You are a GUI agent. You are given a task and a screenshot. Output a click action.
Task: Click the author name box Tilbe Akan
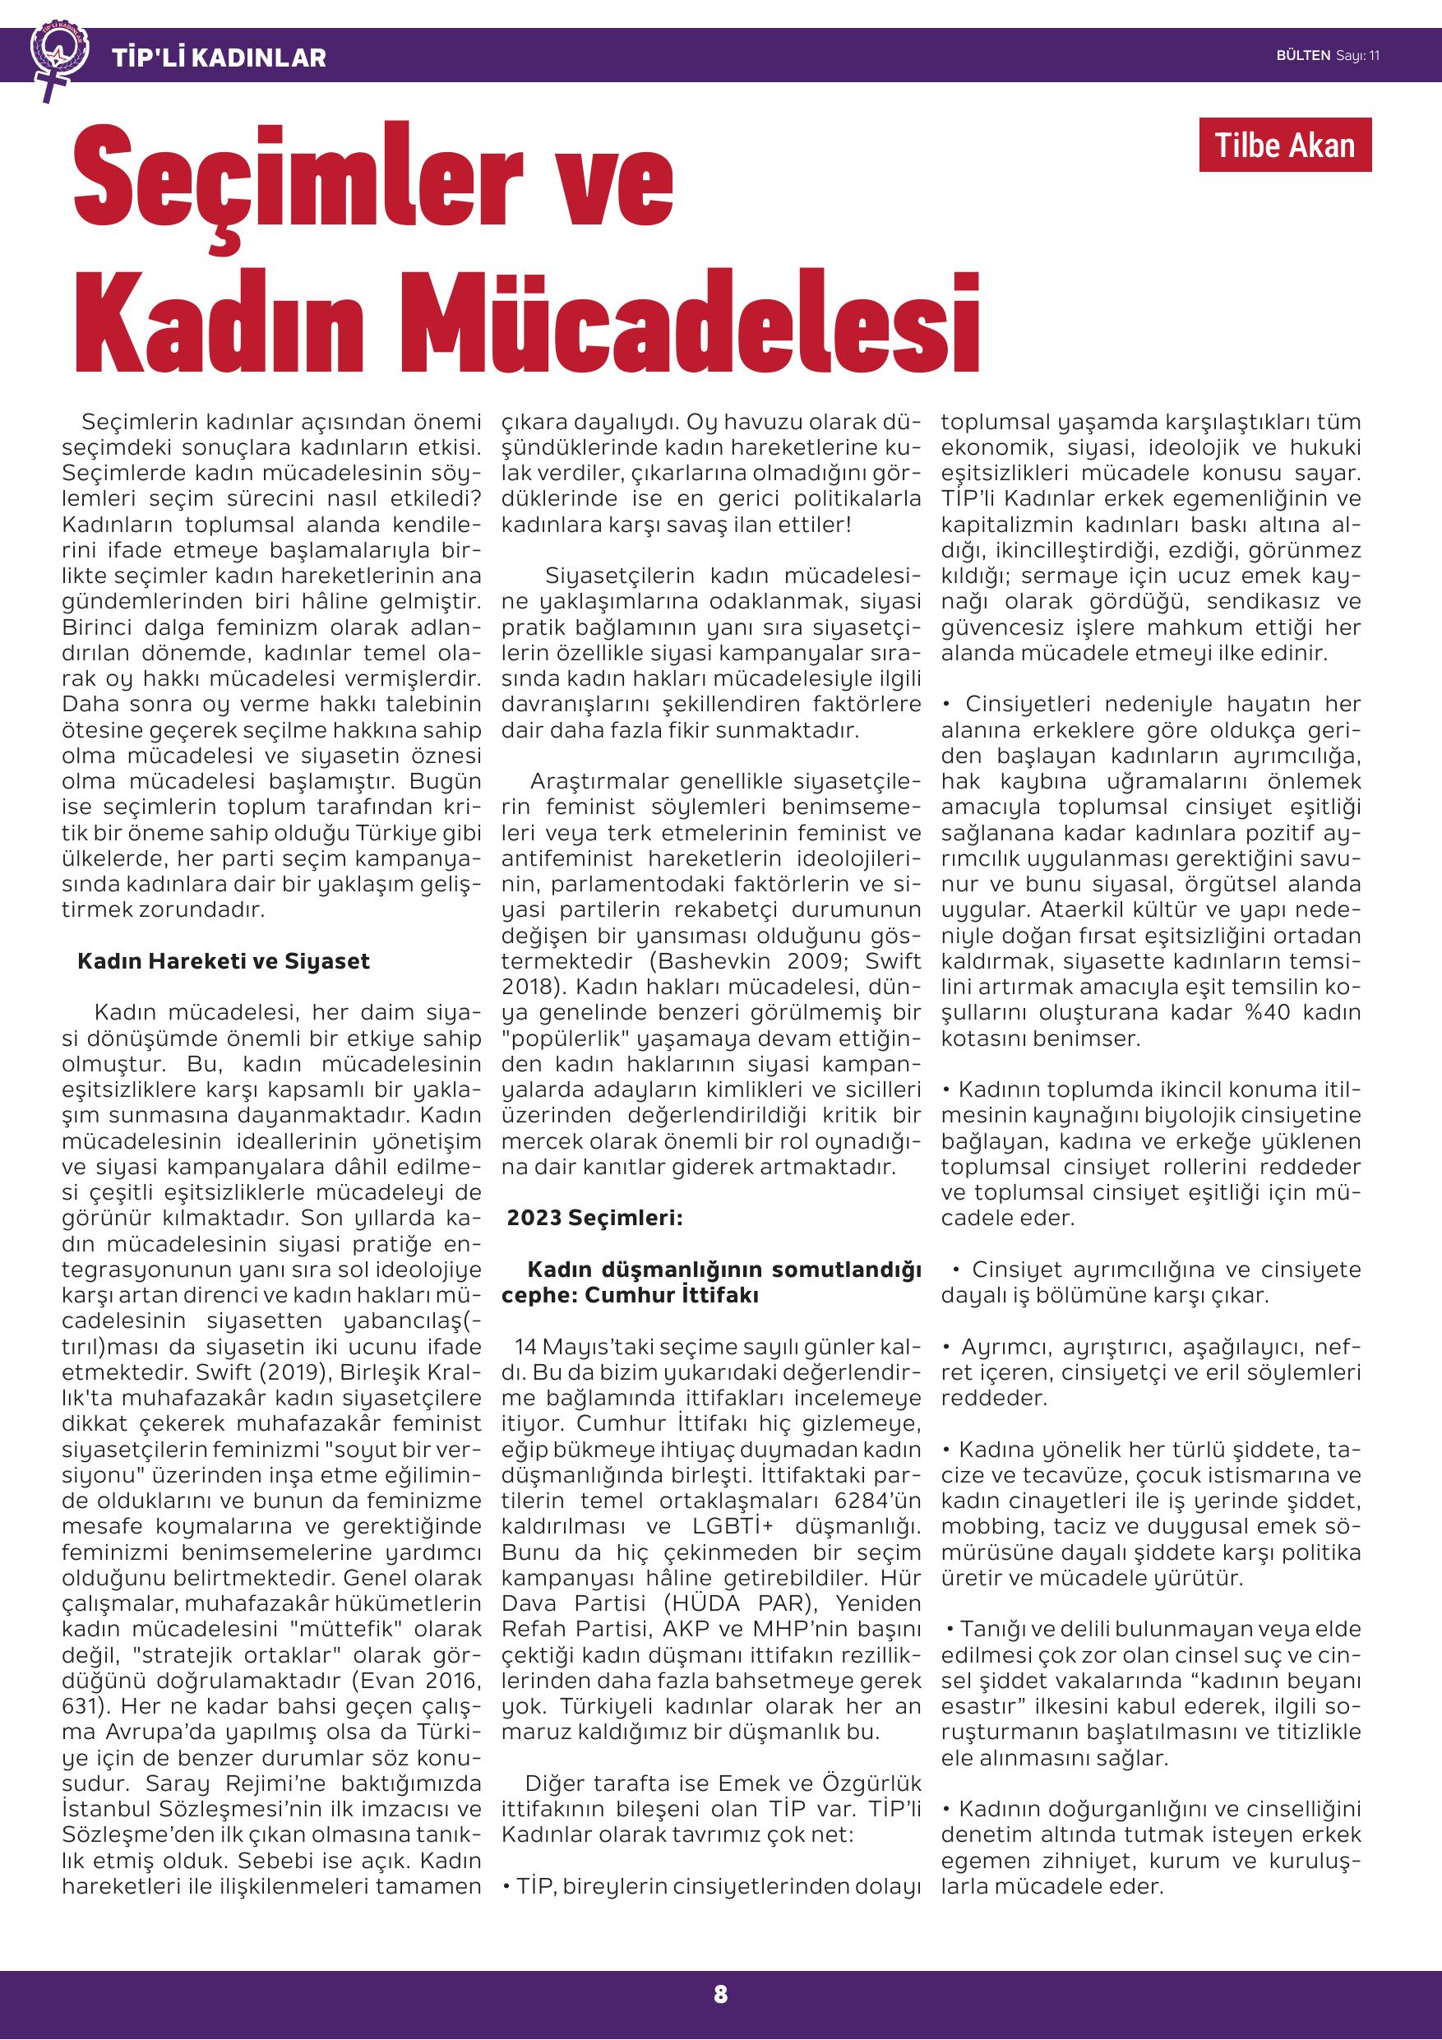click(1284, 145)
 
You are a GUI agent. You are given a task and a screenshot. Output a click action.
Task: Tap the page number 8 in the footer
click(719, 1994)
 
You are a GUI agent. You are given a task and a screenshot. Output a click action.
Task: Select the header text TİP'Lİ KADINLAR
click(219, 58)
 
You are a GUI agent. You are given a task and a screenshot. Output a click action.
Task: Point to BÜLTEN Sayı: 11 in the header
click(1328, 55)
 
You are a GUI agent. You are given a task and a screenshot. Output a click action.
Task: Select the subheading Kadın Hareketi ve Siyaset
click(223, 961)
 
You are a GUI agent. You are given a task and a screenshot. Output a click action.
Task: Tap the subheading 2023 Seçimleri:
click(594, 1218)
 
